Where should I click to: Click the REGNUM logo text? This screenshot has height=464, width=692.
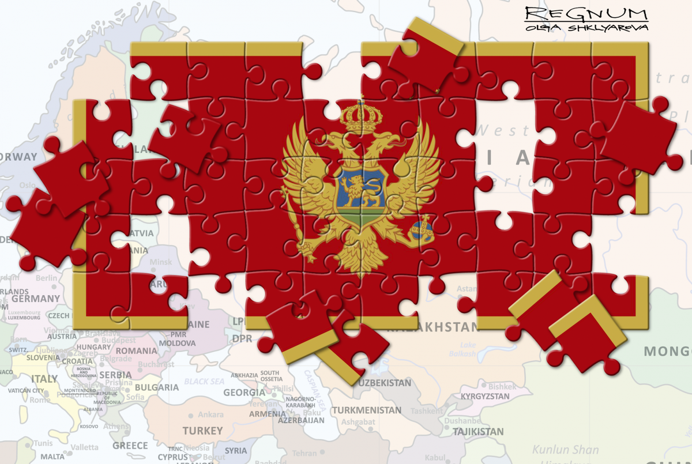(586, 14)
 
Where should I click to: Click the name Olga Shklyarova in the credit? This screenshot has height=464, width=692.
(586, 27)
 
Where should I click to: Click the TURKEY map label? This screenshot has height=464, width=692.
(202, 431)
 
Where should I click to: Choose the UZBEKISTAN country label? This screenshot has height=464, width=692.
(385, 383)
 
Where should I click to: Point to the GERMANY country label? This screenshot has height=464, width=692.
(36, 299)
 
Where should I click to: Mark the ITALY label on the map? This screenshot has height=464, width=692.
(44, 379)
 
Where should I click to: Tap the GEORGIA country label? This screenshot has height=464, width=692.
(244, 393)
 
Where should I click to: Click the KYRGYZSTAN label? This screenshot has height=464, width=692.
(485, 397)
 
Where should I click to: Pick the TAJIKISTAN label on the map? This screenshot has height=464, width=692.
(478, 431)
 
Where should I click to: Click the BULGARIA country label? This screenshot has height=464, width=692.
(157, 387)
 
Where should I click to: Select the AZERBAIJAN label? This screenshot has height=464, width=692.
(301, 421)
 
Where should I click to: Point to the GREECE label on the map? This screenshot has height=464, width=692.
(130, 446)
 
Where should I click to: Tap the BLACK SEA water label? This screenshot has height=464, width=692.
(204, 382)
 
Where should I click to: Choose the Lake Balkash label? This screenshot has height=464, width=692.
(468, 349)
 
